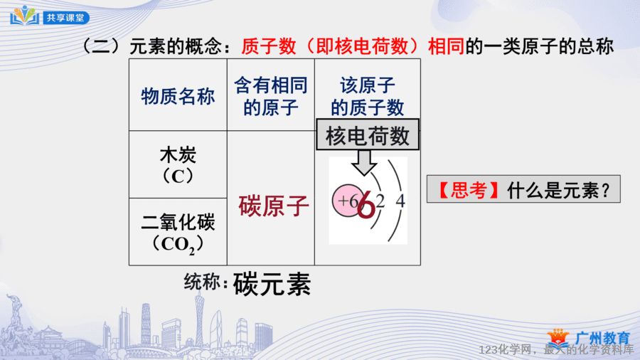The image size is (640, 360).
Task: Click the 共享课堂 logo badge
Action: [x=50, y=16]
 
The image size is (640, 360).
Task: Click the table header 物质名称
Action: [x=178, y=97]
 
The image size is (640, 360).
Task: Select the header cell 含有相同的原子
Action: [x=271, y=96]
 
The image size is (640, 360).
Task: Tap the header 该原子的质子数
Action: [x=368, y=97]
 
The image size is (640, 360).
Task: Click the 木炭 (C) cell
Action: [x=178, y=165]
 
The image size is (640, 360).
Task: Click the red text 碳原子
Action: [x=274, y=206]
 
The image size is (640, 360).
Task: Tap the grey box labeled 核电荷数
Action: [x=368, y=134]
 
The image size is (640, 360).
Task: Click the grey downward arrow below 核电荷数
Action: [x=363, y=162]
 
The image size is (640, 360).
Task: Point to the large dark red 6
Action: [x=366, y=206]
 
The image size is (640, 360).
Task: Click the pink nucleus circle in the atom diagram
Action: [x=347, y=201]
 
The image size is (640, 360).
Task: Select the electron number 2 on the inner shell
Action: [x=380, y=201]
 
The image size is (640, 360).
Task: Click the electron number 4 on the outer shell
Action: [x=400, y=201]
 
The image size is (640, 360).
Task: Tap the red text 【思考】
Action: [x=469, y=190]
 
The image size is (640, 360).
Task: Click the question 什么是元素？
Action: [x=558, y=190]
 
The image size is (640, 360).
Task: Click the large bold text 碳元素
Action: [x=272, y=284]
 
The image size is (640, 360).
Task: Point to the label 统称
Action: [x=202, y=282]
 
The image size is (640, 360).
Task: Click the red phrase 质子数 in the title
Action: [x=269, y=46]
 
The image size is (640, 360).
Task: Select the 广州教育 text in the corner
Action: [x=603, y=339]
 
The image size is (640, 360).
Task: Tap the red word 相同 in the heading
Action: [x=446, y=46]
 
